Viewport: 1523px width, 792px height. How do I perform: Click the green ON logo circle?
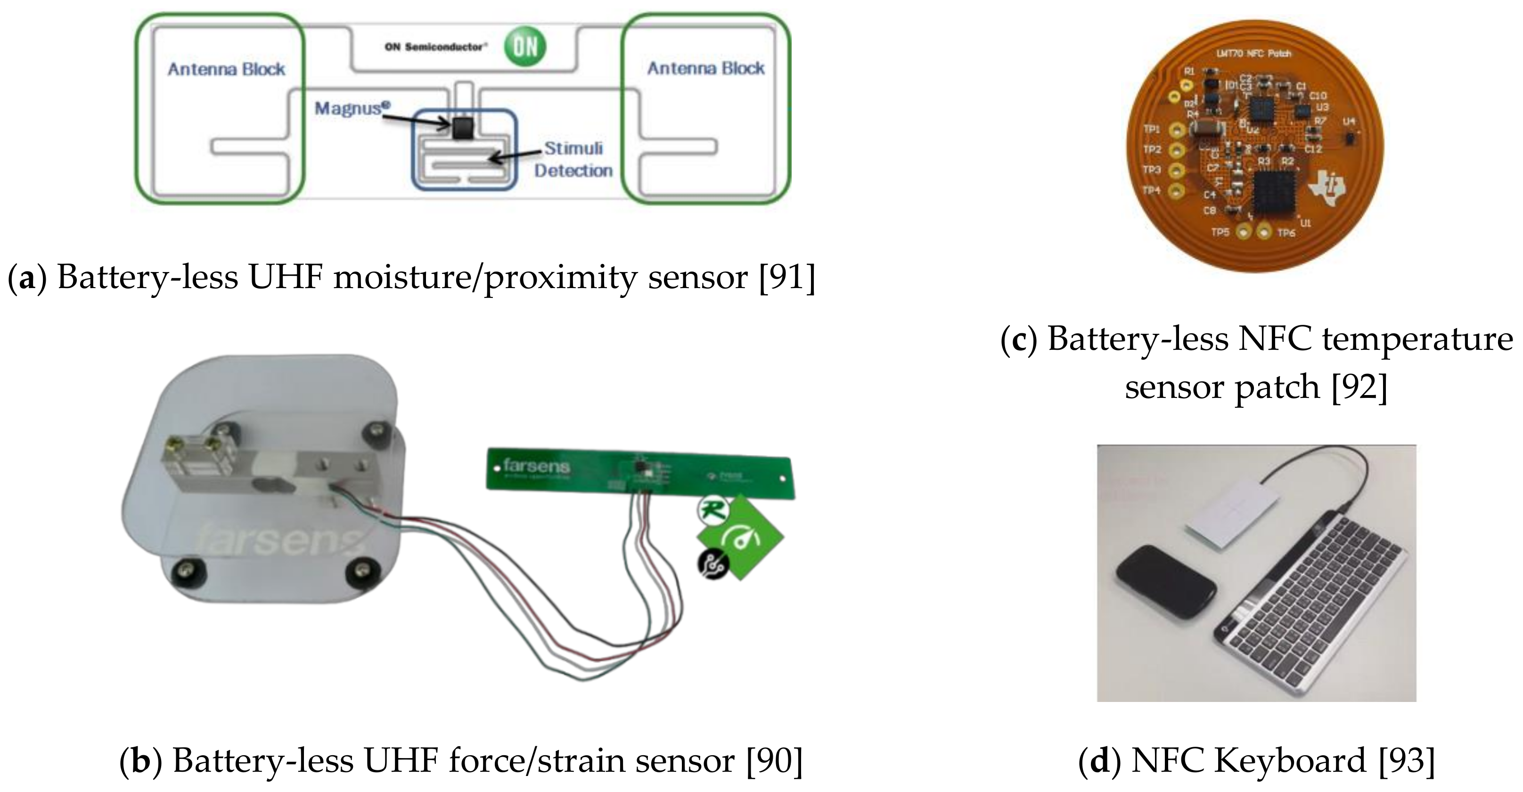(x=525, y=46)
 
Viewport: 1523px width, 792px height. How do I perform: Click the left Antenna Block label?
(x=227, y=70)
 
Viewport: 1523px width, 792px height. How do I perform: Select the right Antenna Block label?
(x=706, y=69)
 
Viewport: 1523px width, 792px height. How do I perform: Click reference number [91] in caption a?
(x=787, y=277)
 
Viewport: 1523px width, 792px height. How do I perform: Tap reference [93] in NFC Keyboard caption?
(x=1407, y=761)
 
